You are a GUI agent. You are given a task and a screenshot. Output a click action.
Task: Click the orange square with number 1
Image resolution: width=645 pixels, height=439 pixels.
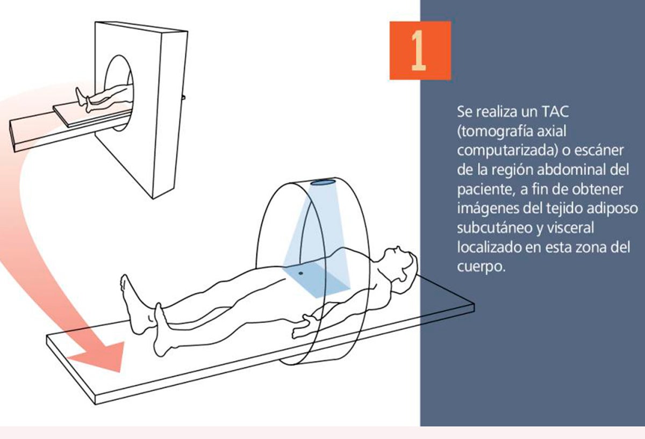tap(420, 51)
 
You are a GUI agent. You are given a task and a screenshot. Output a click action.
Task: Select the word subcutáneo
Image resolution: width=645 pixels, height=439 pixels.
tap(494, 228)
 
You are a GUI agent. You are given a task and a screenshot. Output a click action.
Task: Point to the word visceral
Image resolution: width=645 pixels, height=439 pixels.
tap(570, 228)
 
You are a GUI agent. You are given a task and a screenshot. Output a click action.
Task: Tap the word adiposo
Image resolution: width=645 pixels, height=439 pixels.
tap(612, 209)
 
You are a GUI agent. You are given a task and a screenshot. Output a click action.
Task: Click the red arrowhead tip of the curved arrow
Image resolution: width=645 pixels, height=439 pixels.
tap(119, 372)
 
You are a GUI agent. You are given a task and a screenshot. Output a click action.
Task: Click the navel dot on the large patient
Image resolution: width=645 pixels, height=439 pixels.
tap(301, 273)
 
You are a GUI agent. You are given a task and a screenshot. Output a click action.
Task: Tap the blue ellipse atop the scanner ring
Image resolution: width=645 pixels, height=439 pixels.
tap(324, 182)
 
